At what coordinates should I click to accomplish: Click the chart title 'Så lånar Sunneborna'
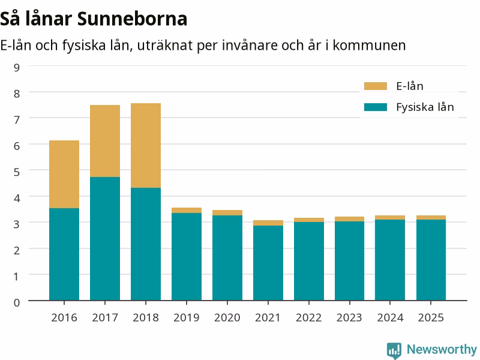click(94, 19)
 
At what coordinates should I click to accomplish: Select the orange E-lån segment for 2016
click(64, 174)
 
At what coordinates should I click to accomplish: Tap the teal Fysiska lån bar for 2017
click(105, 238)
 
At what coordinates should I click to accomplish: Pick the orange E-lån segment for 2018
click(146, 145)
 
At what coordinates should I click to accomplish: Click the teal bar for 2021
click(268, 263)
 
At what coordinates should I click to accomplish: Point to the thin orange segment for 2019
click(187, 211)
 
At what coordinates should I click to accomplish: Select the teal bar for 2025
click(431, 260)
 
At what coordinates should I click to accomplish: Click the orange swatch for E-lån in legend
click(376, 86)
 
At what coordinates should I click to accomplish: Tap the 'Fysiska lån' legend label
click(425, 107)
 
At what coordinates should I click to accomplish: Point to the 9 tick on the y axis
click(17, 67)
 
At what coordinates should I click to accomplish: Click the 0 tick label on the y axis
click(17, 302)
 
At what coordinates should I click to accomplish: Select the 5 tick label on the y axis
click(17, 172)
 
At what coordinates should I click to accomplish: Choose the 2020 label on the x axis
click(227, 318)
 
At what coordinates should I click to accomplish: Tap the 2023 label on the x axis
click(349, 318)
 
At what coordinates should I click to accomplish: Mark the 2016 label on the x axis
click(64, 318)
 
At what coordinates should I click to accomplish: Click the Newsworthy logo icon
click(394, 350)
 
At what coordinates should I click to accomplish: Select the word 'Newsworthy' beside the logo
click(442, 349)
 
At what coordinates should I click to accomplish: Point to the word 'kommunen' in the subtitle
click(369, 46)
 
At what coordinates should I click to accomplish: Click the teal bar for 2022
click(309, 261)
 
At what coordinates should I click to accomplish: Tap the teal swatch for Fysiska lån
click(376, 107)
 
